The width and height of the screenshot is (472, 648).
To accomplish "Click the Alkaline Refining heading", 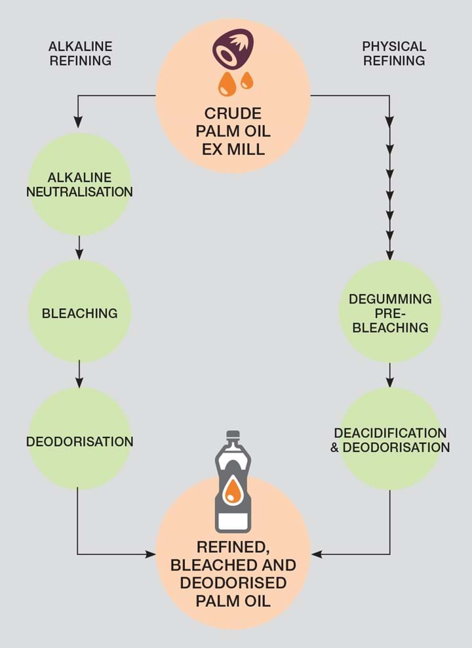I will click(80, 54).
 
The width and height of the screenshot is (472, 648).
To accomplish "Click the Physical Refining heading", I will click(393, 54).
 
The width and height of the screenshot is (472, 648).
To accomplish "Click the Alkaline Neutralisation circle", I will click(79, 184).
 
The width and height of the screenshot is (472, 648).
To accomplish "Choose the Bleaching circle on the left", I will click(79, 312).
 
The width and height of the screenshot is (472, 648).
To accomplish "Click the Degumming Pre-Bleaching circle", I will click(390, 312).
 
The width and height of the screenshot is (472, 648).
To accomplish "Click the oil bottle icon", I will click(233, 482).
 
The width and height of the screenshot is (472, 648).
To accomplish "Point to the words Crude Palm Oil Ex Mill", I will click(233, 131).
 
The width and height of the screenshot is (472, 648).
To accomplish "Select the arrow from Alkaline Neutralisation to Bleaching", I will click(79, 247).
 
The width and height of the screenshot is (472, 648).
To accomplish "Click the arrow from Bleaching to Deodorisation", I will click(79, 374).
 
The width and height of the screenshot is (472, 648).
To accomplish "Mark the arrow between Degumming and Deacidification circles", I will click(390, 374).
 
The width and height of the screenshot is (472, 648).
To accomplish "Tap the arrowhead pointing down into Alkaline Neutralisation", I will click(79, 122).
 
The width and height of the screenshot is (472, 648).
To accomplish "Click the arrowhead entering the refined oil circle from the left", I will click(150, 554).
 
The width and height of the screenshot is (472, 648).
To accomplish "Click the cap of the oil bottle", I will click(233, 435).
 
